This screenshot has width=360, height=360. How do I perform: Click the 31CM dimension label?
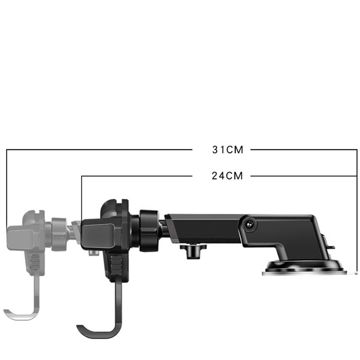point(227,150)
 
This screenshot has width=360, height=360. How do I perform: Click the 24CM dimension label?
point(227,176)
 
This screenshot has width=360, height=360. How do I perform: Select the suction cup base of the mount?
point(304,268)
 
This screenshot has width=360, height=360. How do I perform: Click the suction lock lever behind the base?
point(330,243)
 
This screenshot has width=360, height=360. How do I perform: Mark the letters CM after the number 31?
point(235,150)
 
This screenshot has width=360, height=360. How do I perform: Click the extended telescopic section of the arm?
point(201,226)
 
